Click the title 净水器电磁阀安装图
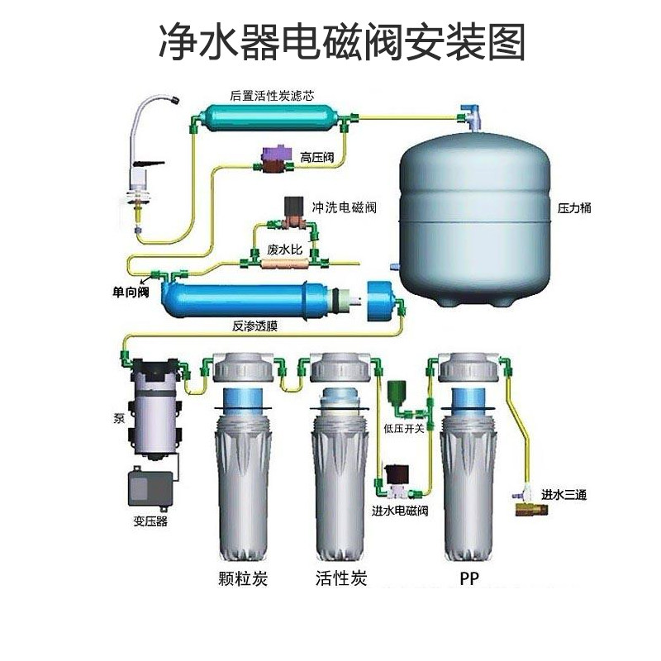341,40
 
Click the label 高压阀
317,157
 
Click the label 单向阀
131,291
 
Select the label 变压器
150,521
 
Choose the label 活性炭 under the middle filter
340,577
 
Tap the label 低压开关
404,428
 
